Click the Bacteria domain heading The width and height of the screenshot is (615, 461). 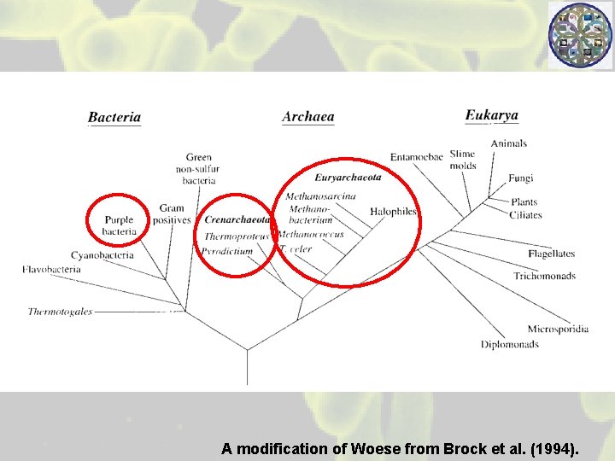point(114,118)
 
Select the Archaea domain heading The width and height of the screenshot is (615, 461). point(307,117)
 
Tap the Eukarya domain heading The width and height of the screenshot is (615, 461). point(491,115)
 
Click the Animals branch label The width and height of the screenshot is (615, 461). point(508,143)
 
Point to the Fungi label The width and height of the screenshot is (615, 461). point(520,178)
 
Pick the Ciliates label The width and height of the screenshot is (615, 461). point(525,215)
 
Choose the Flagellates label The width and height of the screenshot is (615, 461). point(551,254)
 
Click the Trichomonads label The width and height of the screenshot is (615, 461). point(544,276)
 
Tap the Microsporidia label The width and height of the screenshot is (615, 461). point(558,330)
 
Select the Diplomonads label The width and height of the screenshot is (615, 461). point(509,345)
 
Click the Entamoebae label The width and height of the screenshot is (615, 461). point(416,157)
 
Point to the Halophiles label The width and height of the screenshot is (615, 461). point(393,212)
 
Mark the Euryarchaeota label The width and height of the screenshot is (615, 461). point(348,178)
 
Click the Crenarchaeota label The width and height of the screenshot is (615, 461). point(237,219)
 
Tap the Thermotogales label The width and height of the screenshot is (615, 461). point(60,312)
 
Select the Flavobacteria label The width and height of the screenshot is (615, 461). point(51,270)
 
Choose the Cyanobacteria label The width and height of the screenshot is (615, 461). point(102,255)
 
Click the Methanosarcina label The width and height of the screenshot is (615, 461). point(320,197)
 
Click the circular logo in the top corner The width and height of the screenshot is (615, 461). point(580,36)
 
